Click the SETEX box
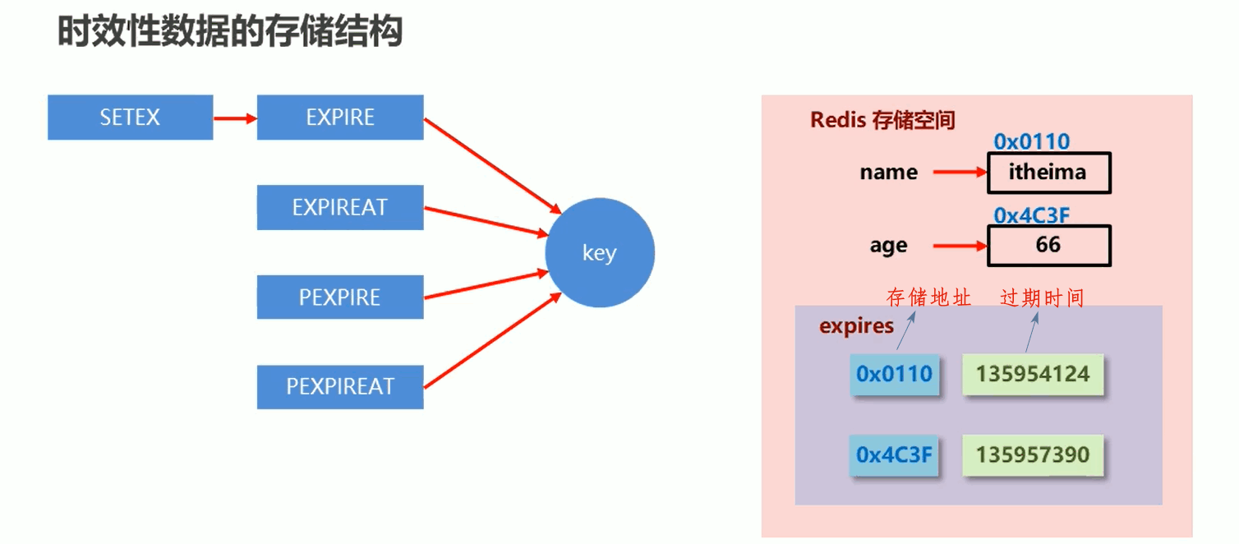130,118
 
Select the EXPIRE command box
340,118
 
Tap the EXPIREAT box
340,207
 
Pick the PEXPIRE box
340,297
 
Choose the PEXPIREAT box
340,386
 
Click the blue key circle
600,253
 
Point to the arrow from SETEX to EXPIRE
235,118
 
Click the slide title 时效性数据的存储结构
230,33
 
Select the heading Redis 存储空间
882,120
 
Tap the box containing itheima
1048,173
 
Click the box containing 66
1048,245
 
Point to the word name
888,173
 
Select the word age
888,246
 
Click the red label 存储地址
928,297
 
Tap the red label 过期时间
1042,297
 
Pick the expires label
856,326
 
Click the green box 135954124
1033,375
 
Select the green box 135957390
1033,455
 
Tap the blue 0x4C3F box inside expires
895,455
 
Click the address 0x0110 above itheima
1031,142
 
